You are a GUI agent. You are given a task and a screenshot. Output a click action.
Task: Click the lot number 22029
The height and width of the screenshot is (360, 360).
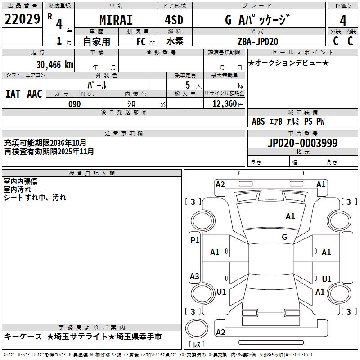22,19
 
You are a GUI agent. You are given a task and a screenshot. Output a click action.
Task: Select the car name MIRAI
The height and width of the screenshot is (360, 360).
116,20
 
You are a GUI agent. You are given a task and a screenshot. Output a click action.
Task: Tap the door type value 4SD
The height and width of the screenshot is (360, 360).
174,20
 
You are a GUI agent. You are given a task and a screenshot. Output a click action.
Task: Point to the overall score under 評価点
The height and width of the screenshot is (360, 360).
343,20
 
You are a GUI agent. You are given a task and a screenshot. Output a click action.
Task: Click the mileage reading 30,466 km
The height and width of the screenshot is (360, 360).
54,64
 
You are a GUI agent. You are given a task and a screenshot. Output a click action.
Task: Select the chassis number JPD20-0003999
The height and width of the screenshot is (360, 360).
302,143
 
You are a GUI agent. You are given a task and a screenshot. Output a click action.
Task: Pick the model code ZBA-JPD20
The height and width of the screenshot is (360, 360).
257,41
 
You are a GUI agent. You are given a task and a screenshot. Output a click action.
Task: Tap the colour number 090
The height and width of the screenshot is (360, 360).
75,104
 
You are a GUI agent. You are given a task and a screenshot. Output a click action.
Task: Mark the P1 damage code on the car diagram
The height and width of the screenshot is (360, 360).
194,240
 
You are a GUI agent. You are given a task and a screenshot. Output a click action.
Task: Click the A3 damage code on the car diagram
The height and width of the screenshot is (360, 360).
194,276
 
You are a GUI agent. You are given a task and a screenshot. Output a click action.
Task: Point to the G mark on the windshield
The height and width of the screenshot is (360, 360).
284,237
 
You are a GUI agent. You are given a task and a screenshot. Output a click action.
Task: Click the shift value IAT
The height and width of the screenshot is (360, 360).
13,94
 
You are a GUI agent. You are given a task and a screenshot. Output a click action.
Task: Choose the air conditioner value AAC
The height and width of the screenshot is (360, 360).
34,94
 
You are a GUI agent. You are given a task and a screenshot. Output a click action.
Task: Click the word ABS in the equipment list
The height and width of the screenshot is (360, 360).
258,121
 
